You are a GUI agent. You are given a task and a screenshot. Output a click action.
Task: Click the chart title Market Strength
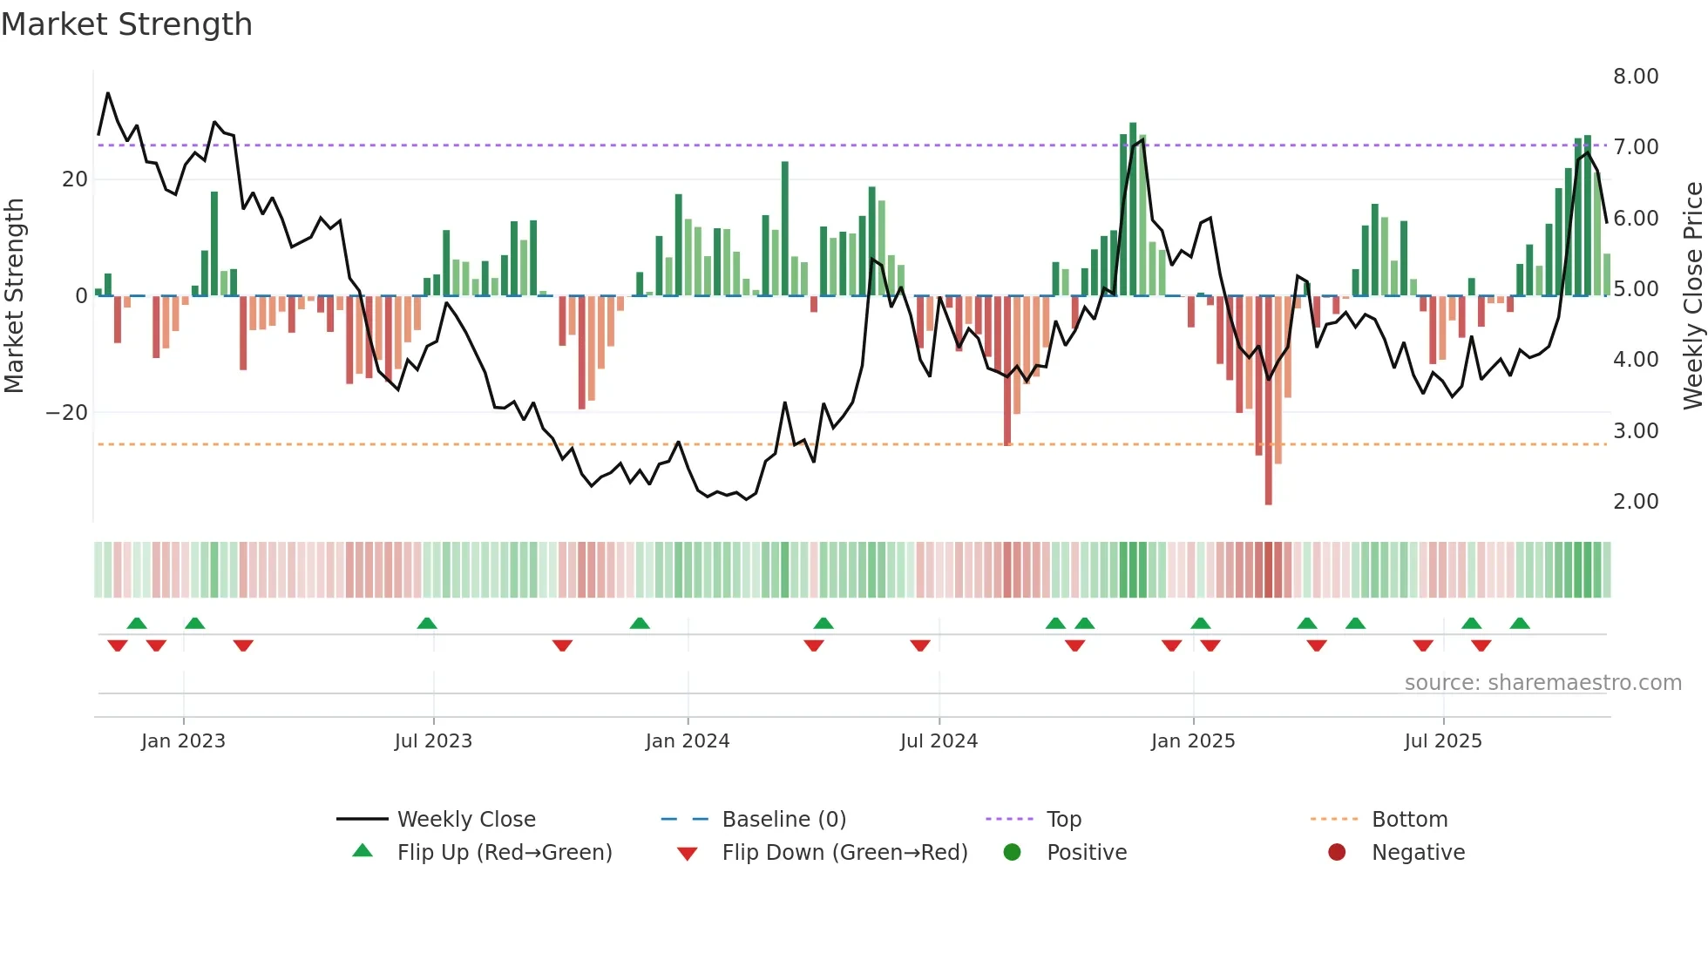pos(126,24)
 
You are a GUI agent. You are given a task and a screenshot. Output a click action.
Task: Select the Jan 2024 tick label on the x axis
pos(687,741)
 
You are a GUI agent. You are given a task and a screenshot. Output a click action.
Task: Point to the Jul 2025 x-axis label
pos(1442,741)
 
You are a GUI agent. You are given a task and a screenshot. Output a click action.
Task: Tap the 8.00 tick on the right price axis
pos(1635,77)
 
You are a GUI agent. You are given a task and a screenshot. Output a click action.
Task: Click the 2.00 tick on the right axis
pos(1635,502)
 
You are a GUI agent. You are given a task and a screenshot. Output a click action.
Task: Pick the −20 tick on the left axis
pos(67,413)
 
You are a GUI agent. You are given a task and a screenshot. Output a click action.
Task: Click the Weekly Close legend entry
pos(465,820)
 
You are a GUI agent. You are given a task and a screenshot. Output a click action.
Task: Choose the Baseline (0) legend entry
pos(783,820)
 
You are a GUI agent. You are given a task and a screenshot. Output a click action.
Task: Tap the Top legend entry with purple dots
pos(1063,820)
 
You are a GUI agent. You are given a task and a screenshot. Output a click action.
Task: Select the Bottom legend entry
pos(1409,820)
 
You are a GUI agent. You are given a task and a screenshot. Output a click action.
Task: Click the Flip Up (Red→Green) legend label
pos(504,853)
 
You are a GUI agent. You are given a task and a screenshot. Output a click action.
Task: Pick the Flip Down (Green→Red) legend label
pos(844,853)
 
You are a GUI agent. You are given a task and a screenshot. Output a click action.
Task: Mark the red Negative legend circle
pos(1336,852)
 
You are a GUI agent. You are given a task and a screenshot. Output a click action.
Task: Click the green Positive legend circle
pos(1012,852)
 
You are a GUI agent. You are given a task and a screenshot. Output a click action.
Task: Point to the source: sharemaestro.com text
pos(1542,683)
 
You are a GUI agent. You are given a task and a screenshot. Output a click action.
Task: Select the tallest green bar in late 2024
pos(1133,209)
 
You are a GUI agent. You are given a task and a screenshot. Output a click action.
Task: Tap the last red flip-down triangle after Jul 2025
pos(1481,646)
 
